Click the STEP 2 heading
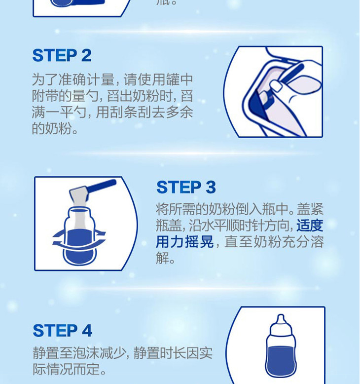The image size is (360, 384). [x=62, y=55]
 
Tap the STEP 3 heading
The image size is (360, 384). [x=186, y=188]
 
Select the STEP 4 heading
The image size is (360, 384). [x=63, y=331]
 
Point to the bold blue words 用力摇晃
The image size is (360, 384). [x=185, y=242]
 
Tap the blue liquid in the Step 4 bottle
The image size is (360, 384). [x=281, y=360]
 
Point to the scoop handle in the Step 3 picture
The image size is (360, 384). [x=102, y=186]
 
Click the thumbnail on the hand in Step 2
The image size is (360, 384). [x=276, y=86]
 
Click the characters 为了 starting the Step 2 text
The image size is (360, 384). [x=45, y=79]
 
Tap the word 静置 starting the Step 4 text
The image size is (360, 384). [x=46, y=353]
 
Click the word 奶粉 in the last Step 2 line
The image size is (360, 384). [x=59, y=128]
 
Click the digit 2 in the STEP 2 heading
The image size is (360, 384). [x=86, y=55]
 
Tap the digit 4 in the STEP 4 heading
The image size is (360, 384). [x=87, y=331]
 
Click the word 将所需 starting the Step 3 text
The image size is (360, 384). [x=176, y=209]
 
